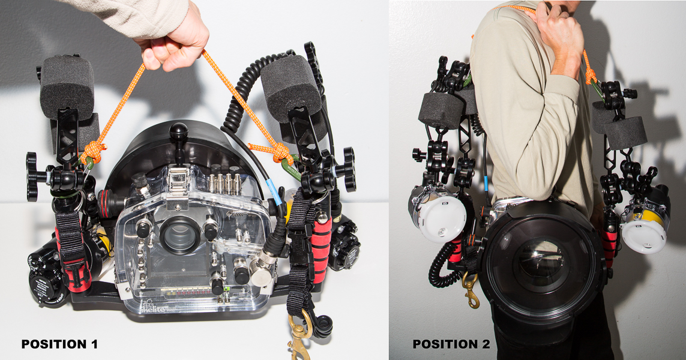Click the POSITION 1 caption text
[59, 344]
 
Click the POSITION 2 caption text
[451, 344]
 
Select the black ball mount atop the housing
[178, 131]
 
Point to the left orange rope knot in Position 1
[94, 151]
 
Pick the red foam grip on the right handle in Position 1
[322, 240]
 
